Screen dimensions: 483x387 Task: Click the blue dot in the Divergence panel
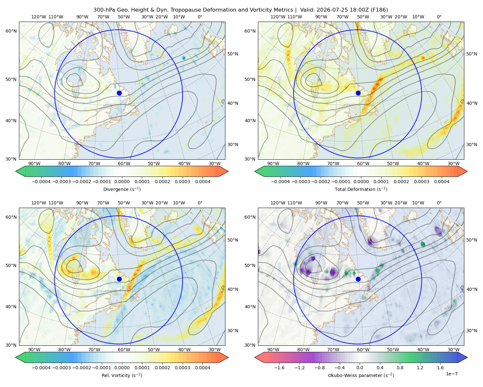pyautogui.click(x=119, y=93)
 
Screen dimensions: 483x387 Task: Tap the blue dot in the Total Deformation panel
pyautogui.click(x=358, y=93)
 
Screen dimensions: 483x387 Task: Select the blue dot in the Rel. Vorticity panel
pyautogui.click(x=119, y=279)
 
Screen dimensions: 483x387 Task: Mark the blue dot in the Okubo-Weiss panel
pyautogui.click(x=358, y=279)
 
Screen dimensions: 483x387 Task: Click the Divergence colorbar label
pyautogui.click(x=122, y=189)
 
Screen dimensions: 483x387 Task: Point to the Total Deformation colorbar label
pyautogui.click(x=361, y=189)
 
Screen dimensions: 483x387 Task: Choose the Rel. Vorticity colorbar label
pyautogui.click(x=122, y=375)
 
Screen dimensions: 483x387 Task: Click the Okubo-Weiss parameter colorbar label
pyautogui.click(x=361, y=375)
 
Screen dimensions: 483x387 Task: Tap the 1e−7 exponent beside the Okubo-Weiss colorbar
pyautogui.click(x=451, y=374)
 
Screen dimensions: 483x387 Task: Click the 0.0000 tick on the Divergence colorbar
pyautogui.click(x=122, y=182)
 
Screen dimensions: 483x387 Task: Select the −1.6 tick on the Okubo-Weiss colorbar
pyautogui.click(x=279, y=368)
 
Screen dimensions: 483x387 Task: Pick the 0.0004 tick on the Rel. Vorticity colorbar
pyautogui.click(x=203, y=368)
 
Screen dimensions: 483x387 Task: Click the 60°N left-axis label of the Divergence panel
pyautogui.click(x=11, y=31)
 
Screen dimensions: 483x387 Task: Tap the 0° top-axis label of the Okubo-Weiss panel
pyautogui.click(x=439, y=203)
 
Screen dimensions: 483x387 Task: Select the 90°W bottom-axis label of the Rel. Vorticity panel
pyautogui.click(x=34, y=350)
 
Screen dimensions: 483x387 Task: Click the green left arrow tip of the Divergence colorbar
pyautogui.click(x=16, y=171)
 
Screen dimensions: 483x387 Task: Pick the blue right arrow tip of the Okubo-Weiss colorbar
pyautogui.click(x=467, y=357)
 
